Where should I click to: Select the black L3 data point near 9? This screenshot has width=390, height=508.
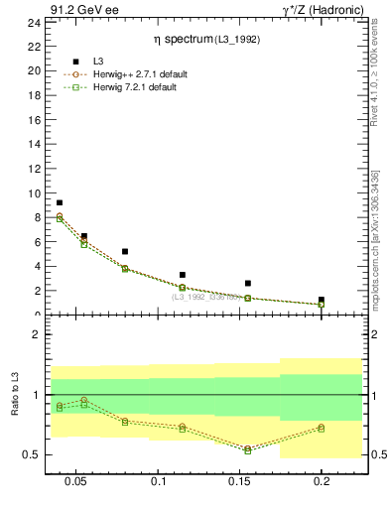click(x=60, y=202)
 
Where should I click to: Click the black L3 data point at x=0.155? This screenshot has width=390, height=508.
click(x=247, y=283)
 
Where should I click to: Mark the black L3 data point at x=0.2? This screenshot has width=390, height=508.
click(x=321, y=300)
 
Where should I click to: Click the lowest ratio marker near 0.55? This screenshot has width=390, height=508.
click(x=247, y=449)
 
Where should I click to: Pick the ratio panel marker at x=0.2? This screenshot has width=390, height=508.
click(x=321, y=428)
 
